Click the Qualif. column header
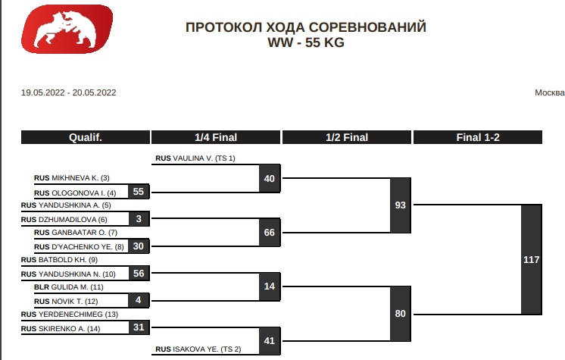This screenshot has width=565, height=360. pyautogui.click(x=85, y=137)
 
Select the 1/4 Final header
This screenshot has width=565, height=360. pyautogui.click(x=216, y=137)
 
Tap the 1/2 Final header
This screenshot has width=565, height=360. pyautogui.click(x=347, y=137)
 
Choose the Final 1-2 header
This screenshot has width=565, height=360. pyautogui.click(x=477, y=137)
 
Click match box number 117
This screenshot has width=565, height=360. pyautogui.click(x=532, y=259)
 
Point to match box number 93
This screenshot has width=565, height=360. pyautogui.click(x=401, y=205)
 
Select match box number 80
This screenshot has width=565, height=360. pyautogui.click(x=401, y=314)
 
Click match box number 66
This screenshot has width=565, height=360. pyautogui.click(x=270, y=233)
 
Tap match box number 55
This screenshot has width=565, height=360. pyautogui.click(x=139, y=192)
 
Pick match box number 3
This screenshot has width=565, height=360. pyautogui.click(x=139, y=219)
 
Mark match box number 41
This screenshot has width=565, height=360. pyautogui.click(x=270, y=341)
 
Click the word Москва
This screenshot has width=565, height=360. pyautogui.click(x=549, y=93)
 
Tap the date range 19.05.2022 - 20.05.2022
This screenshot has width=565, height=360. pyautogui.click(x=68, y=93)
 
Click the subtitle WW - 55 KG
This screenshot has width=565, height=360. pyautogui.click(x=305, y=43)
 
